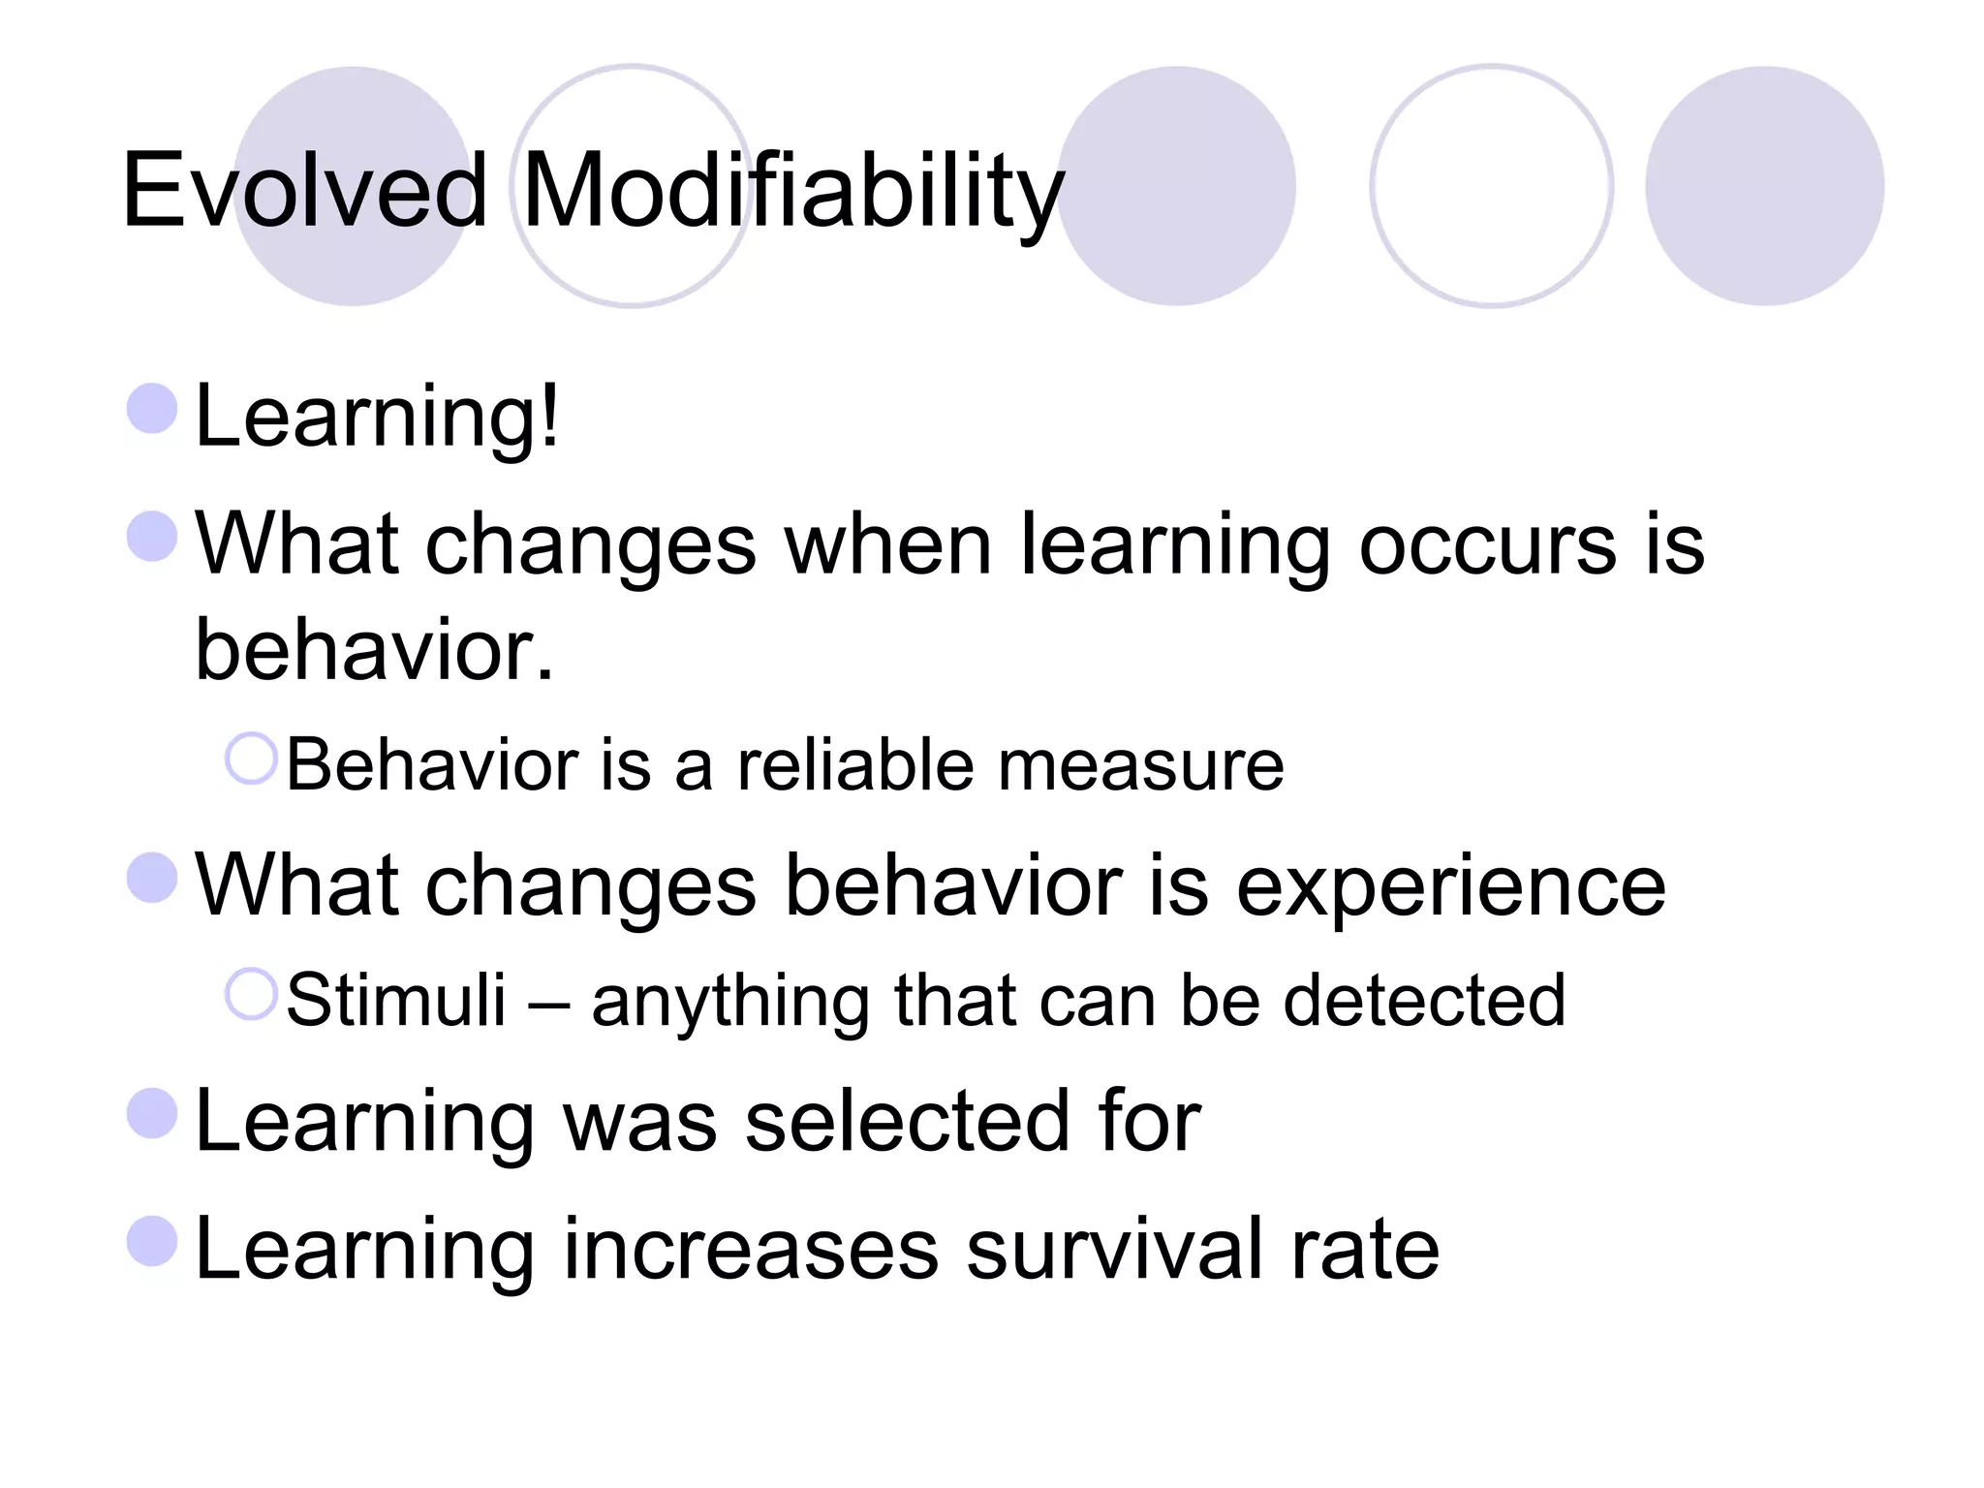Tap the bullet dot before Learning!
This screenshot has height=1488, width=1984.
coord(152,408)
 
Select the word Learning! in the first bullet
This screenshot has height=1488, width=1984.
coord(377,417)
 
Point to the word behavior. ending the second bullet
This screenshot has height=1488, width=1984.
coord(374,650)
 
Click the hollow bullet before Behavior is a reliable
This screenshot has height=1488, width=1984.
coord(251,759)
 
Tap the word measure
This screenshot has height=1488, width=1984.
coord(1140,765)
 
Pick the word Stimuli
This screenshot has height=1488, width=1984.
coord(396,1000)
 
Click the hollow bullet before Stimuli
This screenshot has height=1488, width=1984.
coord(251,994)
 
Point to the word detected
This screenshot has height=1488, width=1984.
coord(1423,1000)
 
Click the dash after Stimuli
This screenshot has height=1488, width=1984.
coord(548,1004)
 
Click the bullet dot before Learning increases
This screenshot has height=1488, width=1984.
coord(152,1241)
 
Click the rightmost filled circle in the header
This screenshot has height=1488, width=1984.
coord(1764,186)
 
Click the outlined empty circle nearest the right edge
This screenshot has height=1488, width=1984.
coord(1491,186)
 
